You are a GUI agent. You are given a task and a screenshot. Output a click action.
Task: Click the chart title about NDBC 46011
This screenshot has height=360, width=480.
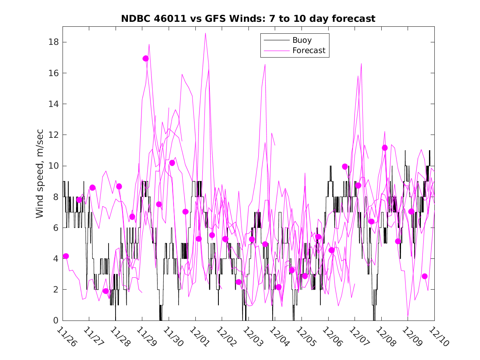[x=248, y=19]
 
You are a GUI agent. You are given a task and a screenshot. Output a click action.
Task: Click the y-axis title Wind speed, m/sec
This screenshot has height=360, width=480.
[x=39, y=181]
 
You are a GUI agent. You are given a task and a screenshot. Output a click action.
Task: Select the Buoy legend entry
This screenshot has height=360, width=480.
[x=302, y=40]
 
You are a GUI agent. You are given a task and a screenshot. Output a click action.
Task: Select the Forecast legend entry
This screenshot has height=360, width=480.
[x=308, y=51]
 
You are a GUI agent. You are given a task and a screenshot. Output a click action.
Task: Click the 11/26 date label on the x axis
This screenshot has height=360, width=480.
[x=67, y=336]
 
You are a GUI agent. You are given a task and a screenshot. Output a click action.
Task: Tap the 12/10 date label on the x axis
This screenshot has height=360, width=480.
[x=438, y=336]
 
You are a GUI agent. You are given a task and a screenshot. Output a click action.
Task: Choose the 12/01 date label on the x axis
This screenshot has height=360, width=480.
[x=199, y=336]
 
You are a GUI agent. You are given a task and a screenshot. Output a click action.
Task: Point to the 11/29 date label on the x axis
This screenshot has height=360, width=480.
[x=146, y=336]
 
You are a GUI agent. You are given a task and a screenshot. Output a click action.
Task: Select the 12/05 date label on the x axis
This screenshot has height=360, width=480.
[x=306, y=336]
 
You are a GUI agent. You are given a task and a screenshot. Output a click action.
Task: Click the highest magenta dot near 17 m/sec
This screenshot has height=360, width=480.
[x=146, y=58]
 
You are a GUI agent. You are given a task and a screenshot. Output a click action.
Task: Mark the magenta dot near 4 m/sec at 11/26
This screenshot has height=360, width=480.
[x=66, y=256]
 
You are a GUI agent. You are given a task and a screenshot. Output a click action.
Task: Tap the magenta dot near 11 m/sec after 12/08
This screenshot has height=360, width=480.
[x=385, y=148]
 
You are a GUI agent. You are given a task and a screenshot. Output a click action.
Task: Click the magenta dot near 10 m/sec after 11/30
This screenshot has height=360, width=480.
[x=172, y=163]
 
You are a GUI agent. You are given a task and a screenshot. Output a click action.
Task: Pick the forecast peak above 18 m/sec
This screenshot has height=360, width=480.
[x=205, y=33]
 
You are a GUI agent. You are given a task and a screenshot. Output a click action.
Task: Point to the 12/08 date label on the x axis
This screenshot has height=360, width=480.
[x=385, y=336]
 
